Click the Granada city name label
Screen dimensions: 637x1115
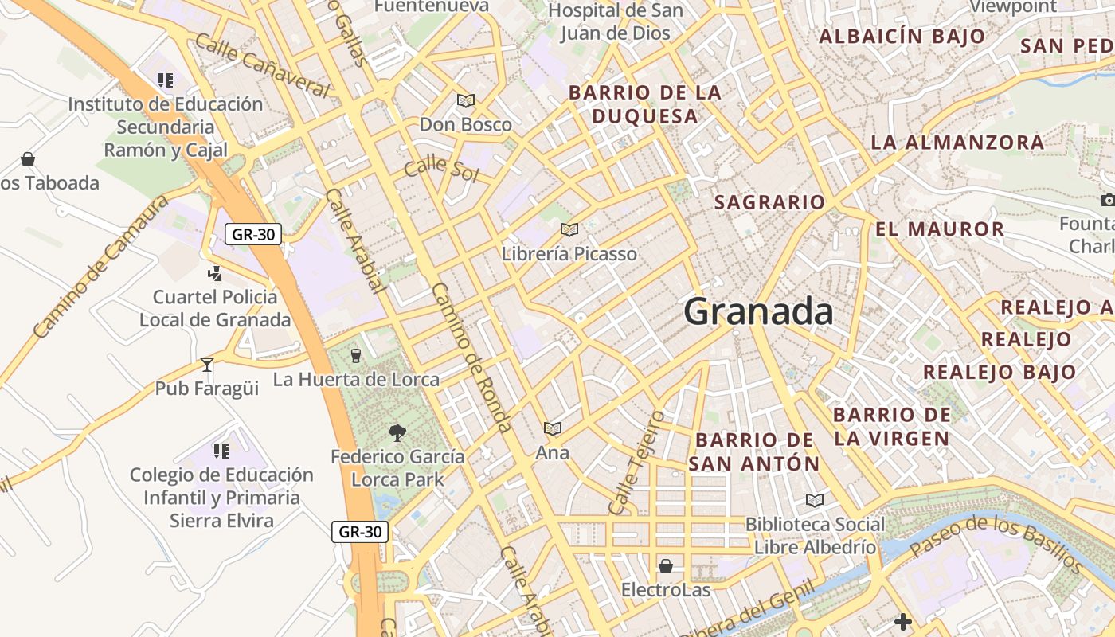(x=758, y=311)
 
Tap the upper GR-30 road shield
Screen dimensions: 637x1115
(x=253, y=234)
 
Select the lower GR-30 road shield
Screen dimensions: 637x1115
(x=360, y=532)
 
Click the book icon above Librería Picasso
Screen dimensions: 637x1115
(x=569, y=230)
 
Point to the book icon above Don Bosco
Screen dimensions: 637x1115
(x=465, y=101)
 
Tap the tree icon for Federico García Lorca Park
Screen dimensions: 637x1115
(x=397, y=433)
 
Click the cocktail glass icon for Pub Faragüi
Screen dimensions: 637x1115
(x=207, y=365)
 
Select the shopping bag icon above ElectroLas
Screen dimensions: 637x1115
(x=666, y=566)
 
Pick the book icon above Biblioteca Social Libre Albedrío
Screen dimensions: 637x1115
(x=814, y=500)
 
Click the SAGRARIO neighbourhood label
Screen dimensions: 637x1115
(x=769, y=202)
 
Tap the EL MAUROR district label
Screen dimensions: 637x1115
(x=939, y=229)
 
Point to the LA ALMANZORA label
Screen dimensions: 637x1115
(x=957, y=143)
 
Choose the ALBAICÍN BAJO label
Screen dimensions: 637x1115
(x=902, y=36)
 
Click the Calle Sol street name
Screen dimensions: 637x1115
(x=440, y=170)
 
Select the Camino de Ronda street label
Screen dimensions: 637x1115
(x=471, y=358)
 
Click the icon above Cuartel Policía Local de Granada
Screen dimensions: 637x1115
(x=214, y=274)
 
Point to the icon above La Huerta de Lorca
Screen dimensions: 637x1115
(x=356, y=355)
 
